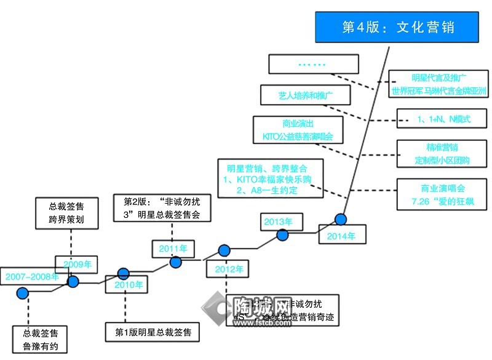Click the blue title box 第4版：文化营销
point(400,28)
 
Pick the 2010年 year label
point(129,284)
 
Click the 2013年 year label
point(278,222)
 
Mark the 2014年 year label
point(341,236)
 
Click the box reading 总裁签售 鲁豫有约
point(41,339)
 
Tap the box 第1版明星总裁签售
point(153,333)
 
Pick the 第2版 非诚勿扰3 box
point(162,207)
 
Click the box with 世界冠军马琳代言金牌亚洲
point(439,84)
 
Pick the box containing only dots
point(314,64)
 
